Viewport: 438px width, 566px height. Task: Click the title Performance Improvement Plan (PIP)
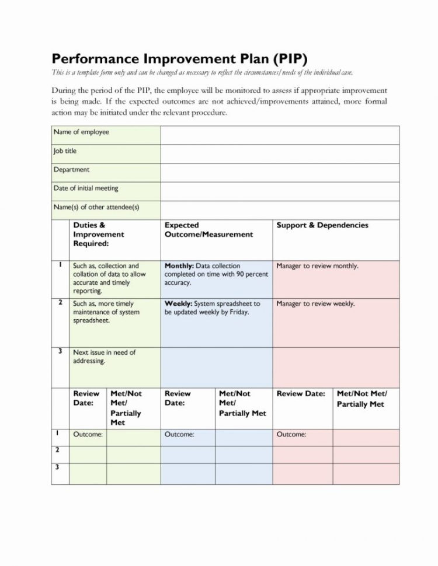point(179,59)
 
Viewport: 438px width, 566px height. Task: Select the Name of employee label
point(81,132)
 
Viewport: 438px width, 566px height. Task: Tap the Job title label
point(65,151)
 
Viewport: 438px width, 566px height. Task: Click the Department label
point(71,170)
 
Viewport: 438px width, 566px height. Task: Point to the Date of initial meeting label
point(86,188)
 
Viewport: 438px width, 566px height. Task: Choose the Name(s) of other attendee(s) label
point(96,207)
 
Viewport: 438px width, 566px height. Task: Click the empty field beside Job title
point(280,154)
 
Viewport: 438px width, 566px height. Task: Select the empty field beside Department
point(280,173)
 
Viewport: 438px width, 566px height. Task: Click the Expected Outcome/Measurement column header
point(208,230)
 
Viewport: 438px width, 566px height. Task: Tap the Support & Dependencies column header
point(322,225)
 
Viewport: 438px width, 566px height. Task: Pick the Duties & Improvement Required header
point(98,234)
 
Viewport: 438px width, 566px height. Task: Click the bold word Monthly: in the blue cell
point(179,266)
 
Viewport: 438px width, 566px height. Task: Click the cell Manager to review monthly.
point(317,266)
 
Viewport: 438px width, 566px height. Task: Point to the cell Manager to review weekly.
point(315,304)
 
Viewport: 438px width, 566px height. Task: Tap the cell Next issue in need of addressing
point(104,357)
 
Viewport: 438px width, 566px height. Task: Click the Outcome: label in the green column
point(88,435)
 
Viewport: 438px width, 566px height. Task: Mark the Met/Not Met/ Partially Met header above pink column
point(362,399)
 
